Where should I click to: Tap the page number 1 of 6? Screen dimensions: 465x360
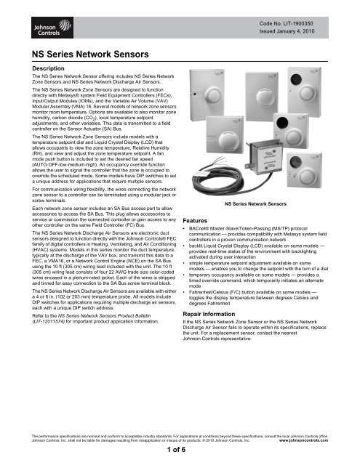pos(180,450)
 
